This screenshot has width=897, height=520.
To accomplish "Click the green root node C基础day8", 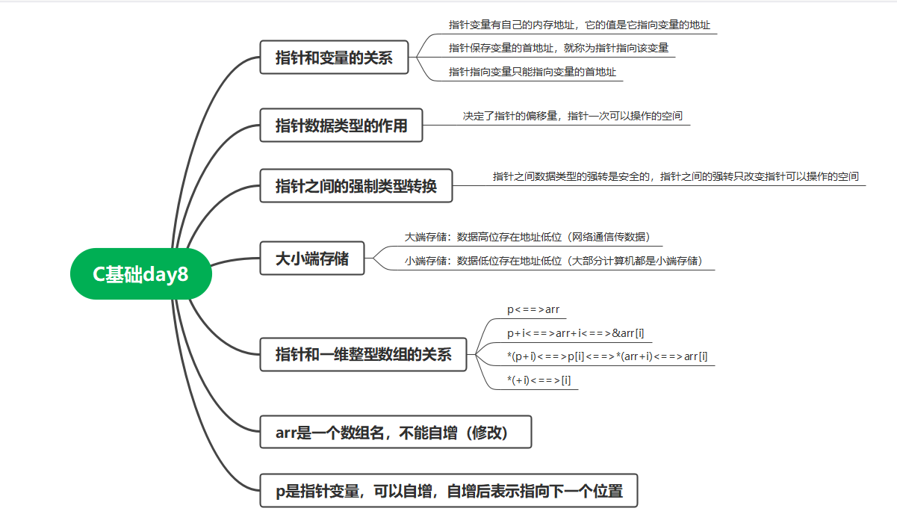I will pyautogui.click(x=140, y=274).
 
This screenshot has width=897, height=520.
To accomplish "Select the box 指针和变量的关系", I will pyautogui.click(x=334, y=58).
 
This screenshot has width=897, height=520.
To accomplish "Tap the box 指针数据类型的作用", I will pyautogui.click(x=341, y=126).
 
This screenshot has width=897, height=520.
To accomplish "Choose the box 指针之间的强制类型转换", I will pyautogui.click(x=356, y=186).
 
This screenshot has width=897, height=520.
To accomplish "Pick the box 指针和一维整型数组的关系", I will pyautogui.click(x=363, y=354).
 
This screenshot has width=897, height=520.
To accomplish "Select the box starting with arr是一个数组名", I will pyautogui.click(x=395, y=433).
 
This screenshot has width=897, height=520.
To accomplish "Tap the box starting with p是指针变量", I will pyautogui.click(x=448, y=492).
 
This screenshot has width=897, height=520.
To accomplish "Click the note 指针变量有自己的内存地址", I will pyautogui.click(x=579, y=25).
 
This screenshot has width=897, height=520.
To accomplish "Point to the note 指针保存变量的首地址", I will pyautogui.click(x=558, y=48).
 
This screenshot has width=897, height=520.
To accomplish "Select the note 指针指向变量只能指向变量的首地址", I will pyautogui.click(x=533, y=72).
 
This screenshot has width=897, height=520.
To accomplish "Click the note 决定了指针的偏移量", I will pyautogui.click(x=572, y=117).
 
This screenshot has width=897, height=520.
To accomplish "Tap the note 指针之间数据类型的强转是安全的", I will pyautogui.click(x=675, y=176).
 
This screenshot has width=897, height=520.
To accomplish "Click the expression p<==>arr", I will pyautogui.click(x=533, y=309).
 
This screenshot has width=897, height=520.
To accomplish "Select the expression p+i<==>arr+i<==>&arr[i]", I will pyautogui.click(x=575, y=333).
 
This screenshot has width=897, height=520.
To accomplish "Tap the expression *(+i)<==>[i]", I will pyautogui.click(x=538, y=380).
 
